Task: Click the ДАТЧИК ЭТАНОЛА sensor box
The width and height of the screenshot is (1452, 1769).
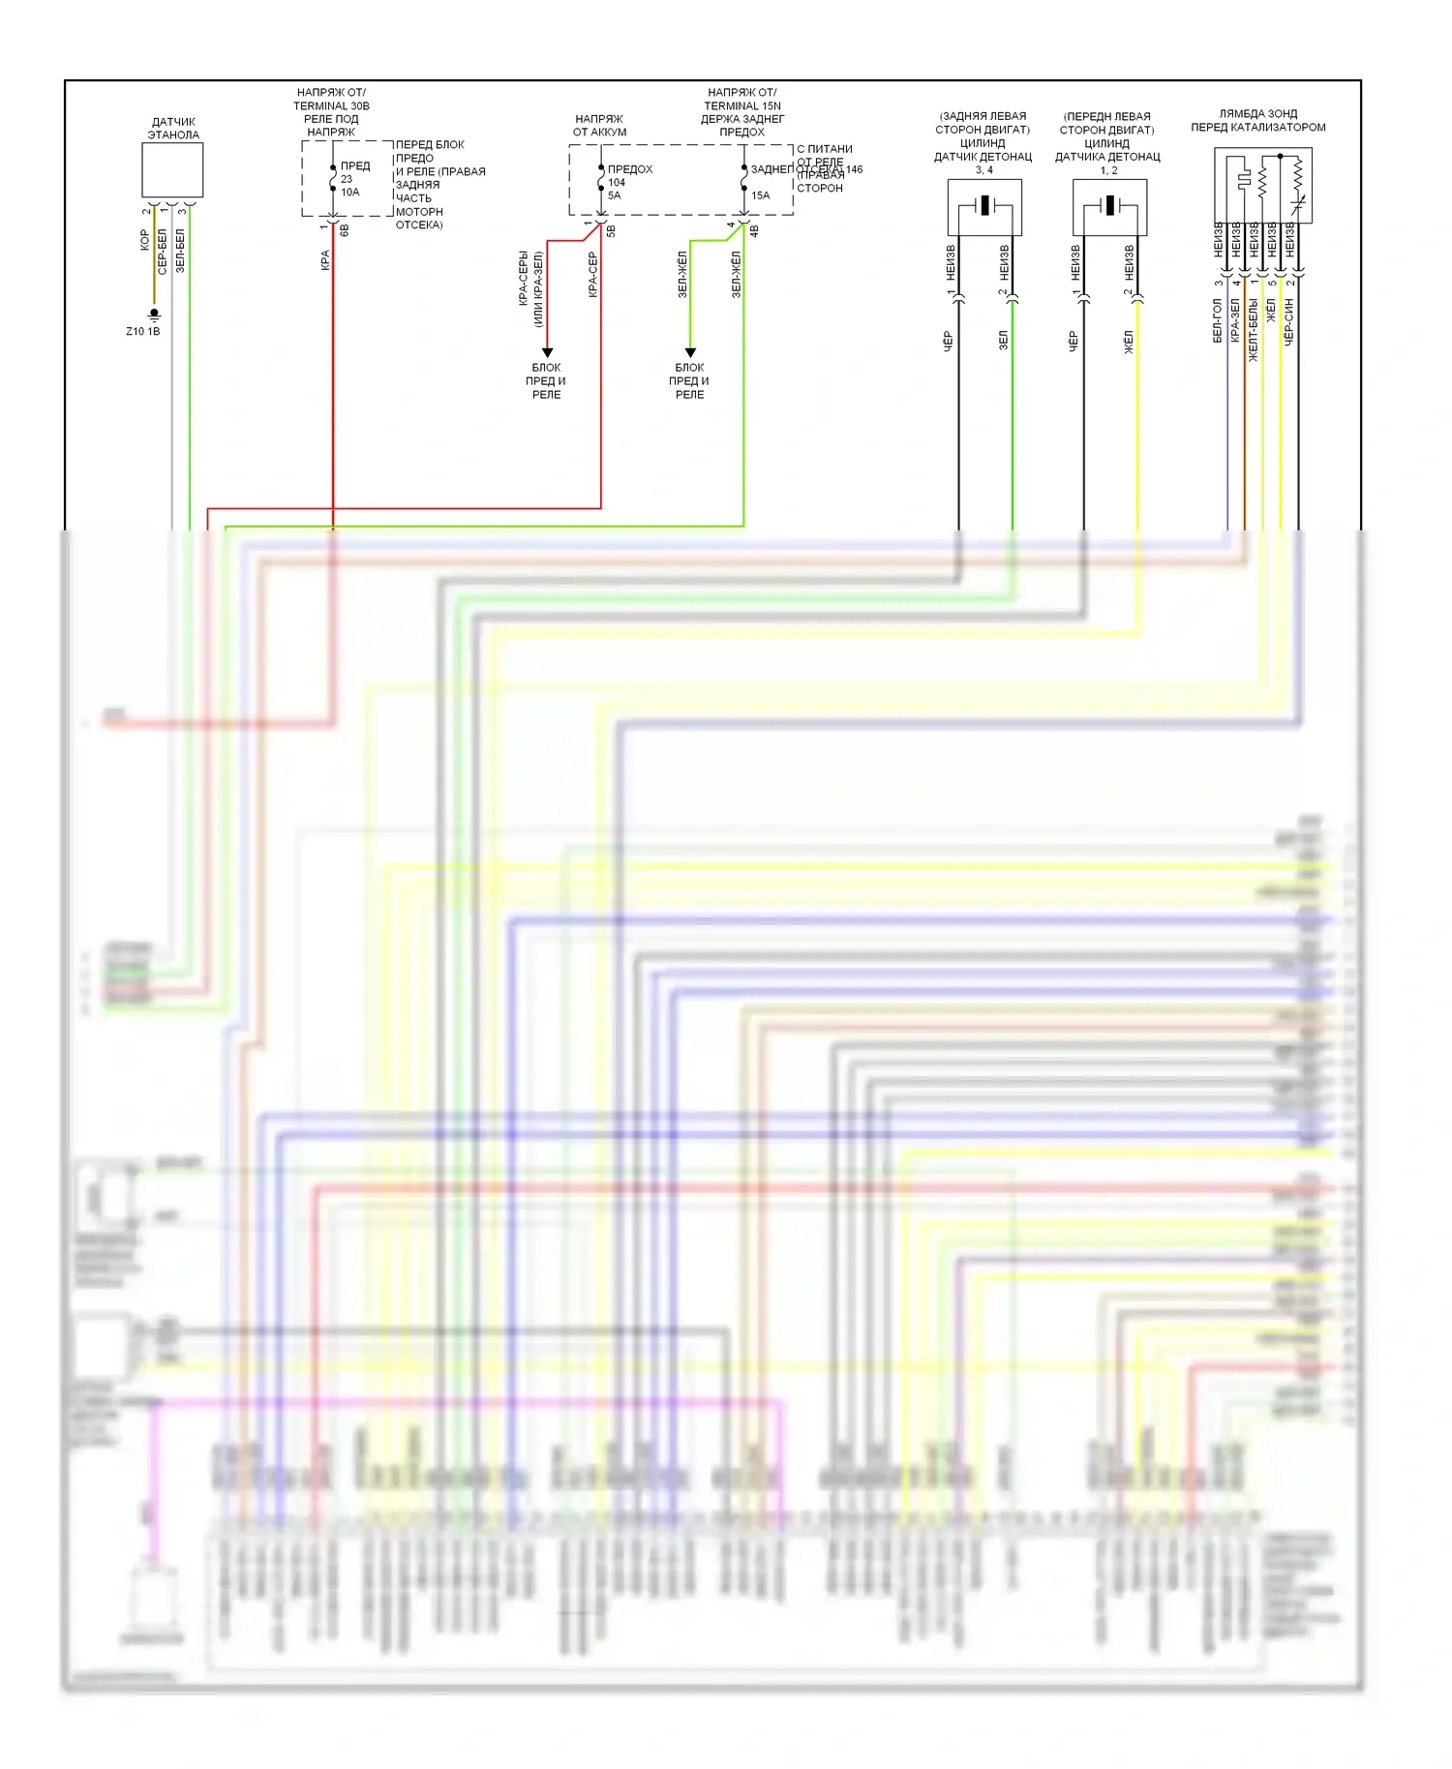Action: [172, 170]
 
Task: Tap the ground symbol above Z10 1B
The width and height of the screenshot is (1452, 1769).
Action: [154, 315]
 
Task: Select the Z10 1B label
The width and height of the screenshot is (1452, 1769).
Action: [143, 332]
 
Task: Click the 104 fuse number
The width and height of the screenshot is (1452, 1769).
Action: [617, 182]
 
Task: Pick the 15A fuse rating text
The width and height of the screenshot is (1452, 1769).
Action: [761, 195]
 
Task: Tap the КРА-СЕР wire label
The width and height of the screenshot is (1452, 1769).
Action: [592, 275]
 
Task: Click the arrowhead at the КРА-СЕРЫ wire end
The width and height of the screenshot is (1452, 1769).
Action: [547, 352]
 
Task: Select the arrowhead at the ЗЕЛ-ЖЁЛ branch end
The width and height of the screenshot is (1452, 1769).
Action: [690, 352]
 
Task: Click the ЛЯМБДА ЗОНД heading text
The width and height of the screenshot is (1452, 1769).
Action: [1258, 114]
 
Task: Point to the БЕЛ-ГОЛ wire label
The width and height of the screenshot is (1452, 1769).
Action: [1217, 321]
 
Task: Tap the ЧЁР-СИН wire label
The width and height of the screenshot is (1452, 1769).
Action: [1288, 322]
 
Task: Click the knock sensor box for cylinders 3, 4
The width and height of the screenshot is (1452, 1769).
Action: [984, 207]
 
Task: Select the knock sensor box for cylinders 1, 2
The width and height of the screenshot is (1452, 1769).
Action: [1109, 207]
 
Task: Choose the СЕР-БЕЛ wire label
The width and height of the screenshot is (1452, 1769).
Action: [163, 252]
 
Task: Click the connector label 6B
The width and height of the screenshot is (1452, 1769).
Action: [345, 231]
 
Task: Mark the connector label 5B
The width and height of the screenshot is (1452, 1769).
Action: [611, 231]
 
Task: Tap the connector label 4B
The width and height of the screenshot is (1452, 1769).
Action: [754, 231]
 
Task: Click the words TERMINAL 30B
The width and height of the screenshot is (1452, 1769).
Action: [331, 106]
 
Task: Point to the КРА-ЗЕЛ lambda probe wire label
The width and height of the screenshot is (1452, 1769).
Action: [1235, 320]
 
